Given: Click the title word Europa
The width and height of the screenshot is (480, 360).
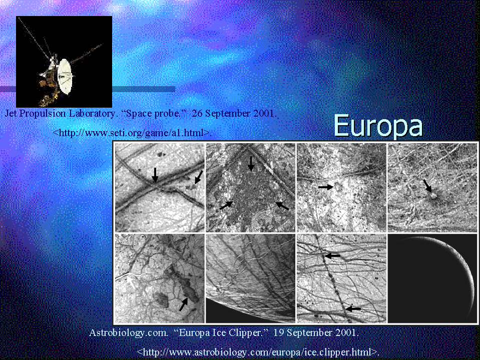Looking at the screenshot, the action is click(378, 126).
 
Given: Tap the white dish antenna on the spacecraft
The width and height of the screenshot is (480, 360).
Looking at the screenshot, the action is click(65, 76).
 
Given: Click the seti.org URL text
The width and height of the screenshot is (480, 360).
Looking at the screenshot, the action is click(132, 133).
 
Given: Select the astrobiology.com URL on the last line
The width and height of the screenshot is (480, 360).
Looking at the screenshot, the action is click(258, 352).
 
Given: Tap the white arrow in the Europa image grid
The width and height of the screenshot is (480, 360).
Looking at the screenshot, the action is click(131, 282).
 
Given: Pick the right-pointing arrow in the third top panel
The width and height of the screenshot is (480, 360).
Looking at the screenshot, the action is click(326, 187).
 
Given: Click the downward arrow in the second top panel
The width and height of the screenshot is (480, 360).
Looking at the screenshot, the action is click(251, 164).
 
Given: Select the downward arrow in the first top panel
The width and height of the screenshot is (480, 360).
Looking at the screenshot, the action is click(155, 175).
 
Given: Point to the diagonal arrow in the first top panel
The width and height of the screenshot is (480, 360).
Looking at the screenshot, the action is click(199, 177).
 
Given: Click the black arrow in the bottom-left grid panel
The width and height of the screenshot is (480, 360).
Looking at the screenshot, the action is click(183, 304).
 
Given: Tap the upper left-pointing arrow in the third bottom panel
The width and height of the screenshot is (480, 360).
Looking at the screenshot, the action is click(332, 255).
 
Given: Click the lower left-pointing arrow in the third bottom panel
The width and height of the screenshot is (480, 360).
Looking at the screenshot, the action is click(353, 309).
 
